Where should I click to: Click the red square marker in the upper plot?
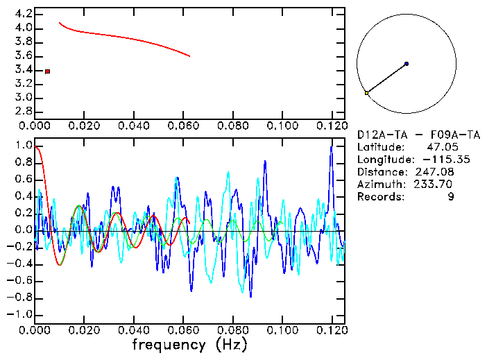tap(47, 71)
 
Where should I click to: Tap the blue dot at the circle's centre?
tap(406, 64)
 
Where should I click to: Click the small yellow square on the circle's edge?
tap(366, 93)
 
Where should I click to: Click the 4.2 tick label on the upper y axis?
tap(23, 14)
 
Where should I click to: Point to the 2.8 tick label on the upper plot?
tap(23, 111)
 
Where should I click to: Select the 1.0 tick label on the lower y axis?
tap(23, 146)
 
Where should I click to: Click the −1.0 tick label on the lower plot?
tap(21, 314)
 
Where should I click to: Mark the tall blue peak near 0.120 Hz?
tap(332, 147)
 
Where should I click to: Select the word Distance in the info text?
tap(379, 172)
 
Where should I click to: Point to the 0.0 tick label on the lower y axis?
tap(23, 230)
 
